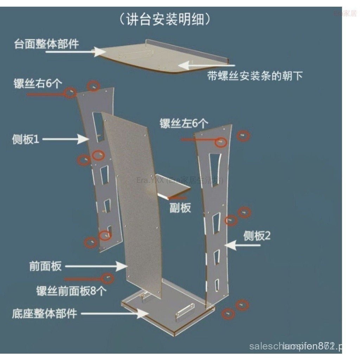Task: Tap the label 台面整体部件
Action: click(46, 44)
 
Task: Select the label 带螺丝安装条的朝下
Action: click(255, 76)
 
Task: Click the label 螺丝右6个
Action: click(38, 84)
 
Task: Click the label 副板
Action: click(180, 208)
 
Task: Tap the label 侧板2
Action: click(257, 236)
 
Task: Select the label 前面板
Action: click(45, 266)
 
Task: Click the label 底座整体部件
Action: click(44, 313)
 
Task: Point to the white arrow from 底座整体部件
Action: click(116, 313)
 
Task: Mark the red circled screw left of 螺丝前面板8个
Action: click(108, 278)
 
